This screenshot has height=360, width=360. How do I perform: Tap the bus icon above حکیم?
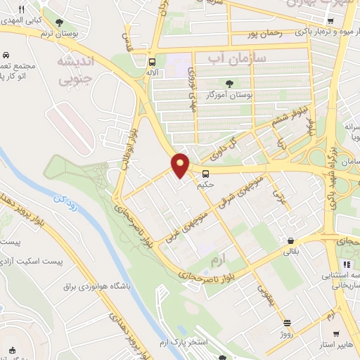tap(206, 174)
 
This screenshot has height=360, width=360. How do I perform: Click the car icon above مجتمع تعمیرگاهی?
tap(6, 55)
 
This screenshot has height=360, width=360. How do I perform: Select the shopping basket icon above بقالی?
tap(290, 240)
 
